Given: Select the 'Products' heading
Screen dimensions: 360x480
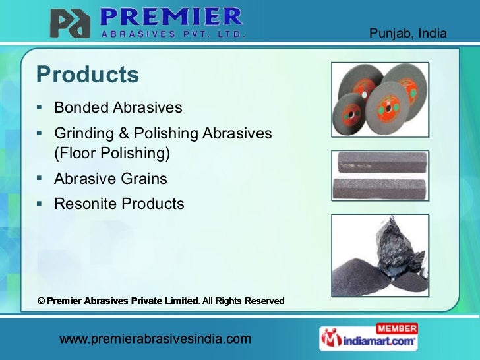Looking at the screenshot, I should (x=88, y=75).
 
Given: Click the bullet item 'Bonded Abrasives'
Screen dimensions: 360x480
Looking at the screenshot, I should (x=118, y=107).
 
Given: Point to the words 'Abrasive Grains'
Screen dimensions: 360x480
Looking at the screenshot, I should (x=111, y=179).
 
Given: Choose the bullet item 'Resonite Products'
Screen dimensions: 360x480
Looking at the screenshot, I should (x=119, y=204).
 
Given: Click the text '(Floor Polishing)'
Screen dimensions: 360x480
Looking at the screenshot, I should (x=112, y=154).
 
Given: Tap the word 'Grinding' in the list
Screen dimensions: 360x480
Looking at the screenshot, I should (x=84, y=133).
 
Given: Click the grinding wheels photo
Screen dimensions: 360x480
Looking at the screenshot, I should (x=379, y=99).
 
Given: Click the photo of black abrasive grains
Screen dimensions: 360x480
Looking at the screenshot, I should (x=379, y=254).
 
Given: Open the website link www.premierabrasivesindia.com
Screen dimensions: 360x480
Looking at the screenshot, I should (x=156, y=340).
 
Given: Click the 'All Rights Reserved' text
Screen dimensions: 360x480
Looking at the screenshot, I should (x=243, y=301).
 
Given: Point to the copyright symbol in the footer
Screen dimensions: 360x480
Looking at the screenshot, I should (x=40, y=301).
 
